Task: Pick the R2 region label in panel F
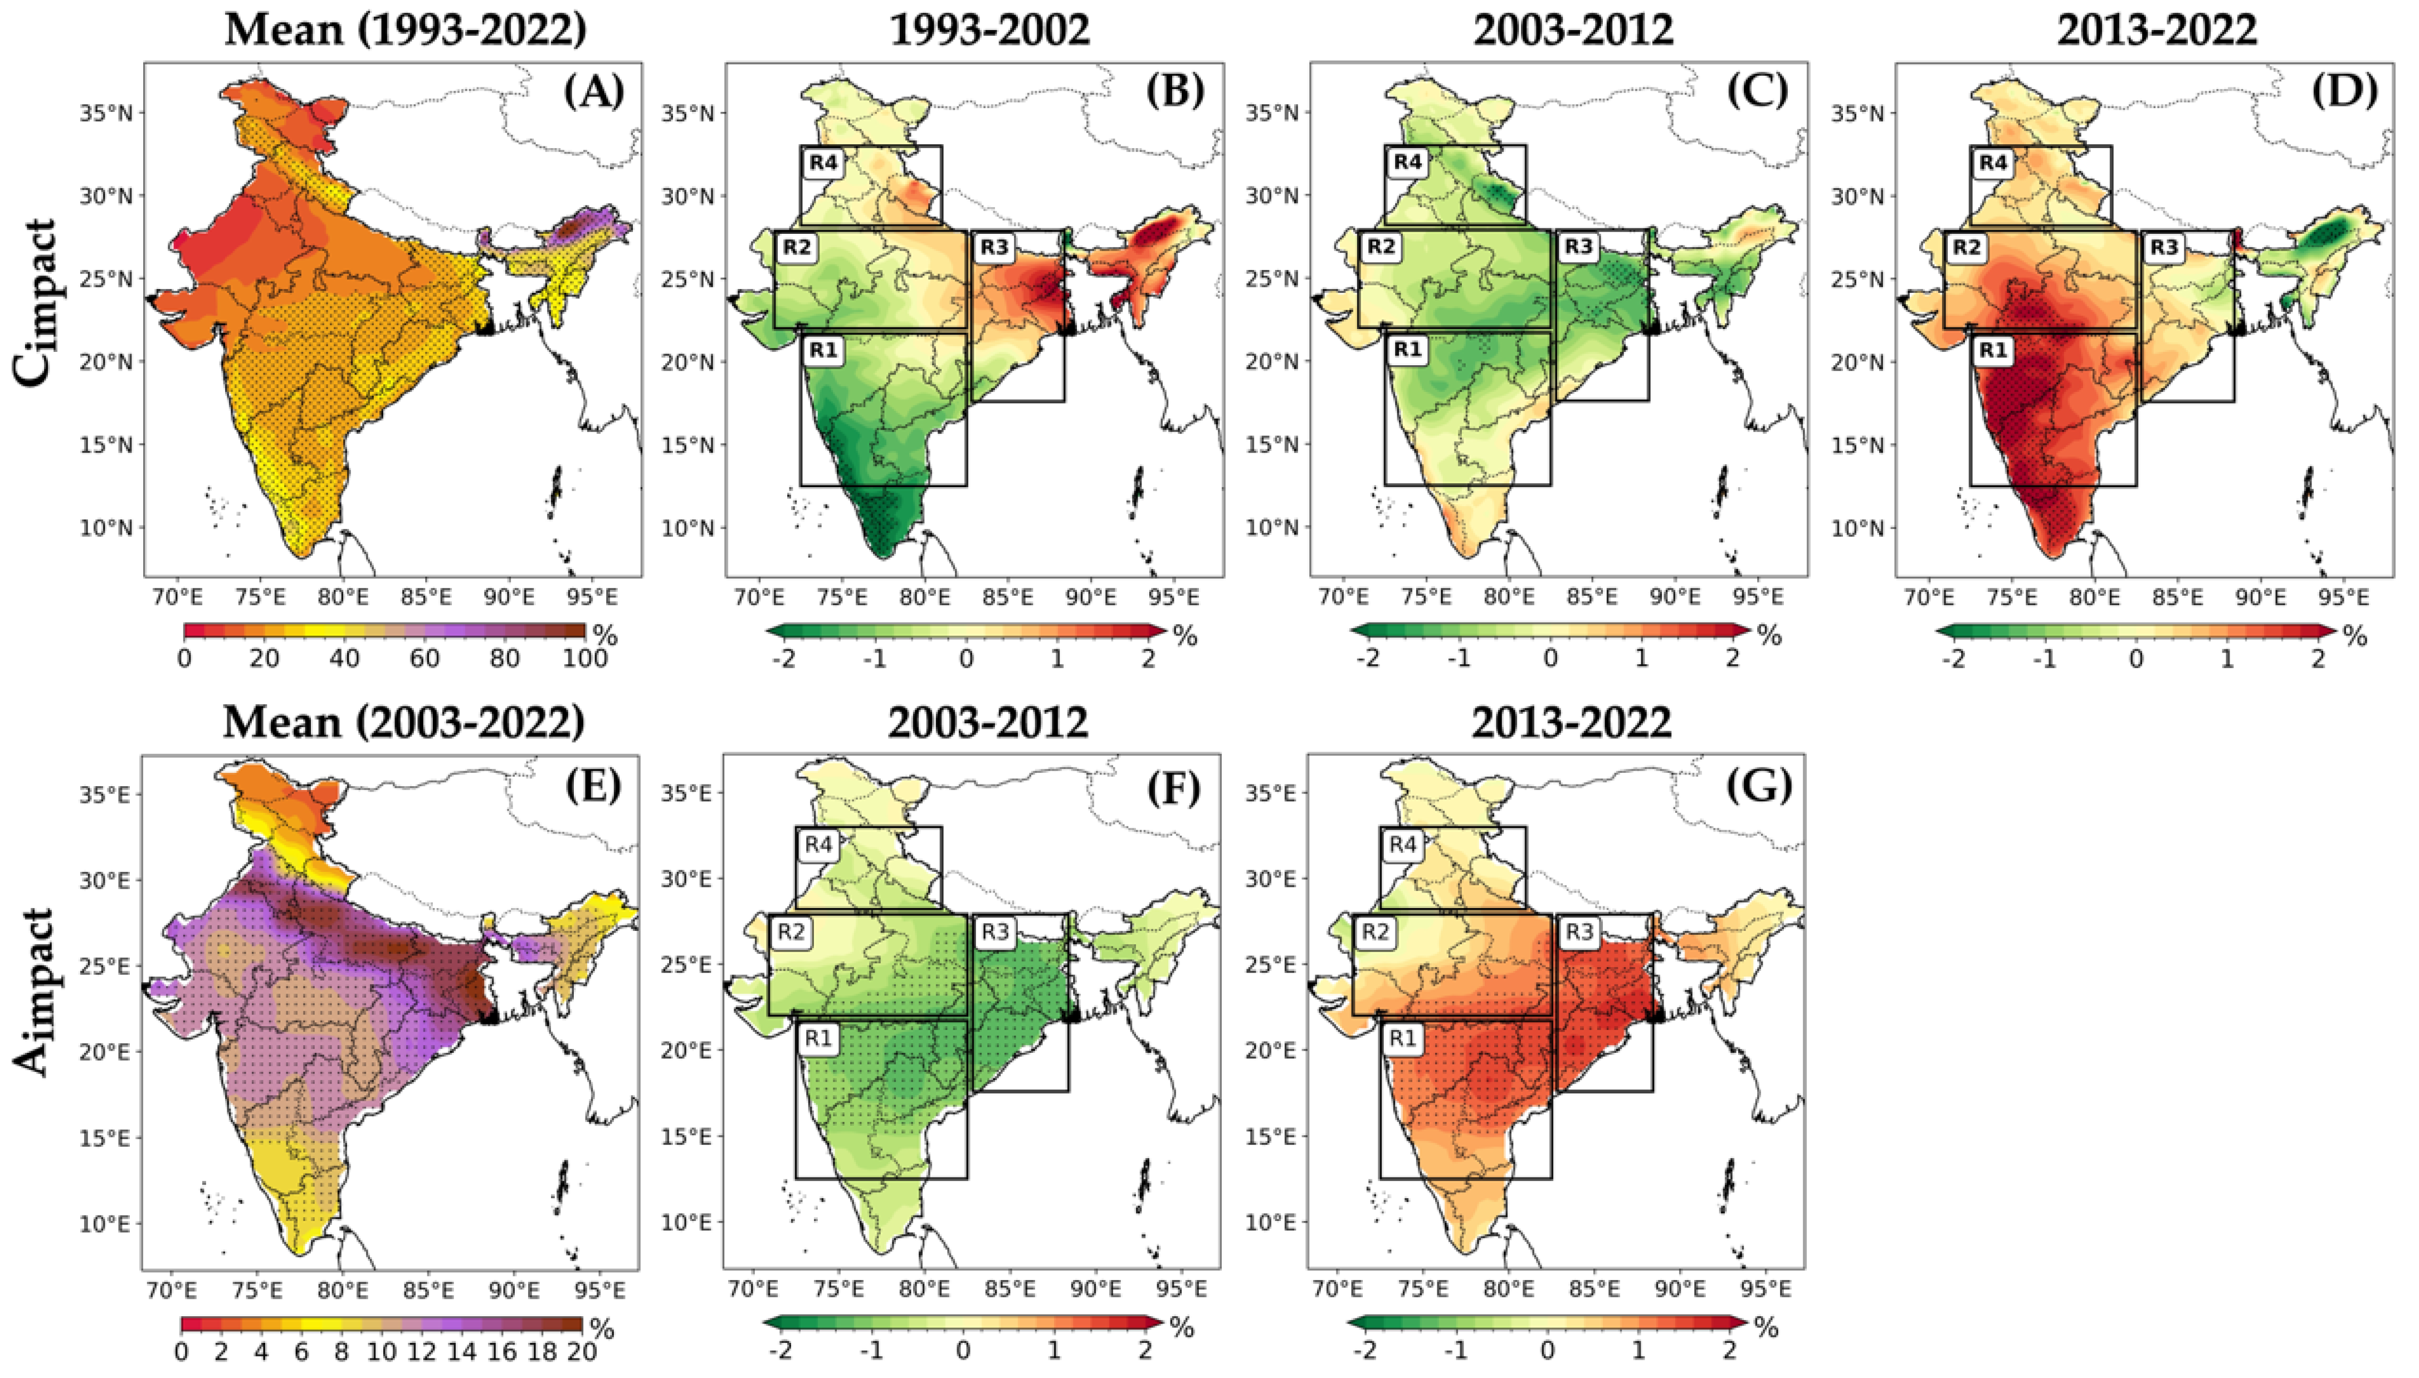[792, 932]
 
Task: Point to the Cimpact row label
[36, 303]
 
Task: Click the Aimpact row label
[36, 991]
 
